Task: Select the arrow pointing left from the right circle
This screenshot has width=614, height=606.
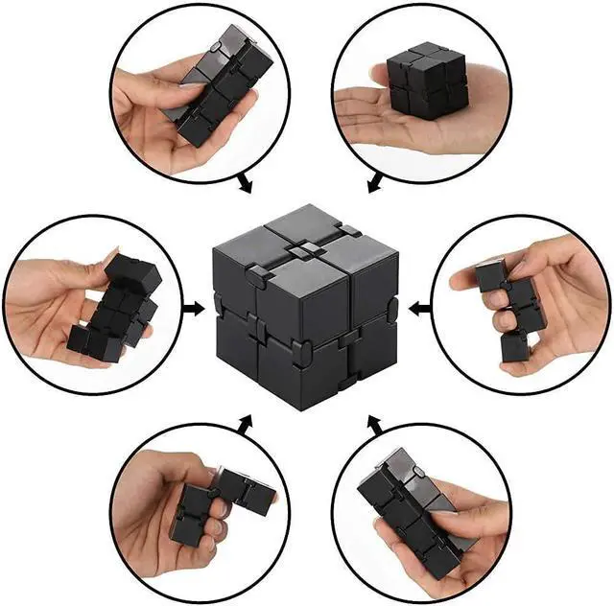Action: pyautogui.click(x=416, y=309)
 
